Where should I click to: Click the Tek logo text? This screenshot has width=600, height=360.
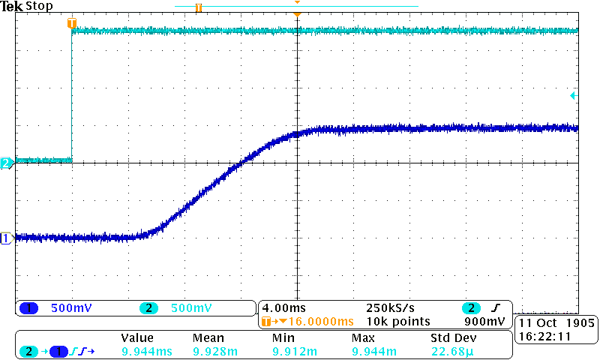click(12, 6)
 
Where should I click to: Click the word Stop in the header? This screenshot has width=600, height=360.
click(39, 6)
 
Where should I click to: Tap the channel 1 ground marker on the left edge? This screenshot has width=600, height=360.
click(7, 238)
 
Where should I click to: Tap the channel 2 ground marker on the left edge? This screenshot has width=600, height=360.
click(7, 163)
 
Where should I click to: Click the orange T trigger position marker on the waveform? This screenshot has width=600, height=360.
click(72, 23)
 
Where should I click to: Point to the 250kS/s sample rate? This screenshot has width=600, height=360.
click(391, 307)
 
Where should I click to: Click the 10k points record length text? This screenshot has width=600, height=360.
click(398, 321)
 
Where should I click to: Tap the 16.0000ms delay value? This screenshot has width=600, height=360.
click(305, 321)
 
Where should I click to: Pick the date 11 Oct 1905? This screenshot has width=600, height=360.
click(556, 322)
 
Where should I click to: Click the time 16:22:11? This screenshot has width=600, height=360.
click(541, 337)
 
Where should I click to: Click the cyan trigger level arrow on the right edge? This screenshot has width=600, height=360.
click(573, 95)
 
